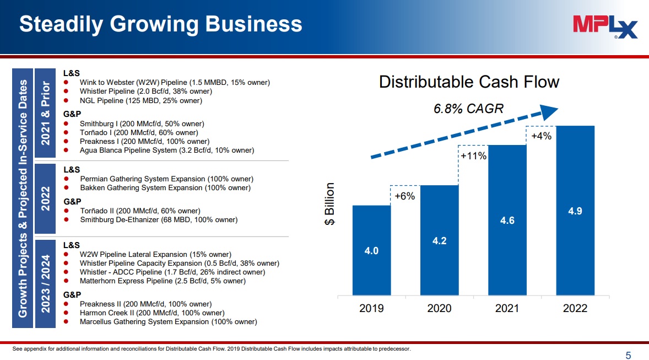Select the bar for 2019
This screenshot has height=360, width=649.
click(x=371, y=250)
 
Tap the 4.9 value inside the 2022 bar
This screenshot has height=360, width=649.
click(x=575, y=210)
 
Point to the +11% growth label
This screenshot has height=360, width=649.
click(x=473, y=156)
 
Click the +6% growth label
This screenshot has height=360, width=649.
click(x=405, y=196)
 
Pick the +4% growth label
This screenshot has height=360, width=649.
click(x=541, y=136)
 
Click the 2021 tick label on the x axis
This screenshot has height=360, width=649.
click(x=507, y=308)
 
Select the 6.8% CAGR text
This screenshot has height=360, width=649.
click(x=468, y=109)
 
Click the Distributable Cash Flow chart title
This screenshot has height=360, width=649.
click(x=469, y=82)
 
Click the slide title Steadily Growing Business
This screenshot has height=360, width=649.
click(x=161, y=24)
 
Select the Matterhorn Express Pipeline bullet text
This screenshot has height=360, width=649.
click(x=163, y=281)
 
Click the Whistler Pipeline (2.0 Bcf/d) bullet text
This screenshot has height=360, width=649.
click(x=145, y=92)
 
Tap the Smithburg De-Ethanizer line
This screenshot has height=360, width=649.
click(x=159, y=220)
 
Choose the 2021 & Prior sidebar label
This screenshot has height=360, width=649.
click(x=46, y=114)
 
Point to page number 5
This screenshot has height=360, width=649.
click(x=628, y=355)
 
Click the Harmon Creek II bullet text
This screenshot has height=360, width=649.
click(x=152, y=313)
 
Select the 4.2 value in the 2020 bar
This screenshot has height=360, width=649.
click(x=439, y=240)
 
